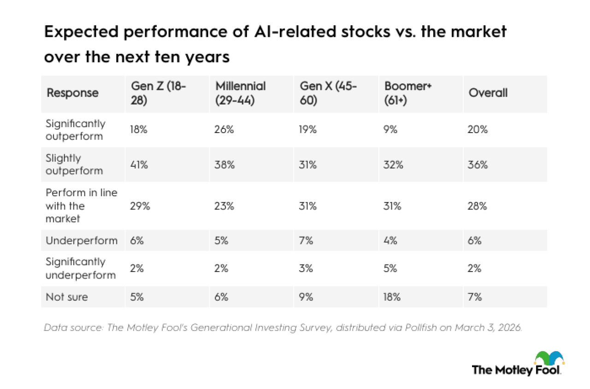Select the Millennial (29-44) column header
click(240, 93)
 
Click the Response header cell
click(72, 93)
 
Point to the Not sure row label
click(67, 297)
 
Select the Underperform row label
click(82, 240)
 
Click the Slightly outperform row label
click(74, 164)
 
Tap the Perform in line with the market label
click(81, 206)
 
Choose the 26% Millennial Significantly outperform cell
click(224, 130)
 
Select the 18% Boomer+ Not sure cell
click(392, 297)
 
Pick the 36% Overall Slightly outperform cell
click(478, 165)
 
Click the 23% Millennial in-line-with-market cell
click(224, 206)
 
